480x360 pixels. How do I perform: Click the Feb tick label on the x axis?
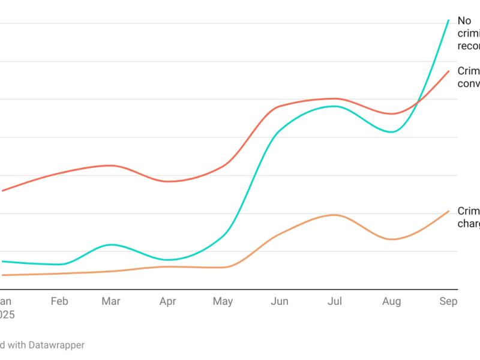click(59, 301)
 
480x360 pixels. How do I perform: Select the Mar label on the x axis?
click(111, 301)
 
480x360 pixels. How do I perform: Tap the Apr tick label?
click(167, 301)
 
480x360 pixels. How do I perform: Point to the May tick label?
click(223, 301)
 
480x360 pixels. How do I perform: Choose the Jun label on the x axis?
click(279, 301)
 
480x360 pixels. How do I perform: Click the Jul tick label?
click(335, 301)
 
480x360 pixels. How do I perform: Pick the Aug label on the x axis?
click(391, 301)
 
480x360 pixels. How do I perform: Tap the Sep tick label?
click(448, 301)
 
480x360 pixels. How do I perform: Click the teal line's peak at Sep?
click(449, 20)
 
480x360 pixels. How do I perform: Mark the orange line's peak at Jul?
click(335, 215)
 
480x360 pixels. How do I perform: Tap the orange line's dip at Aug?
click(391, 239)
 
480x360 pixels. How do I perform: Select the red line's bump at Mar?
click(111, 165)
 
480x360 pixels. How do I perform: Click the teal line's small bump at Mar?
click(111, 245)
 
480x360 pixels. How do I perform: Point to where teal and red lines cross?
click(417, 101)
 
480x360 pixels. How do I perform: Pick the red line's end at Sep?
click(449, 71)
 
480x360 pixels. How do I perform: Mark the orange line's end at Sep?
click(449, 211)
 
